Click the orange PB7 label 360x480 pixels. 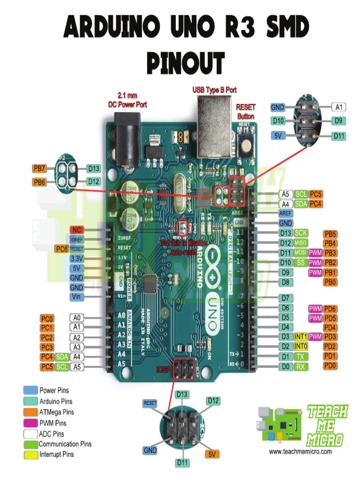[39, 168]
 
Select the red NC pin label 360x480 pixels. [77, 230]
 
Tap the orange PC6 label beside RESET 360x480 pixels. [61, 248]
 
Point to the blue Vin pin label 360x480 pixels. [77, 297]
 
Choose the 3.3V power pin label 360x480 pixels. [77, 258]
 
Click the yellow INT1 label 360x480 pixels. [300, 337]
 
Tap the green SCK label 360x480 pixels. [300, 233]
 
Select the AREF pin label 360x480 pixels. [285, 213]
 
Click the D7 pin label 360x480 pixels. [285, 298]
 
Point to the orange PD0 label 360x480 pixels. [330, 366]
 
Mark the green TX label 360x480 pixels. [300, 356]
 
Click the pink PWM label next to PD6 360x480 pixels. [315, 308]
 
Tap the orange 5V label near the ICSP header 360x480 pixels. [212, 454]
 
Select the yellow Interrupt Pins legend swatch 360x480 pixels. [30, 454]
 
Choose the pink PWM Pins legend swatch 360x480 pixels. [30, 423]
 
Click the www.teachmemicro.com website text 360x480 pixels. [300, 451]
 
